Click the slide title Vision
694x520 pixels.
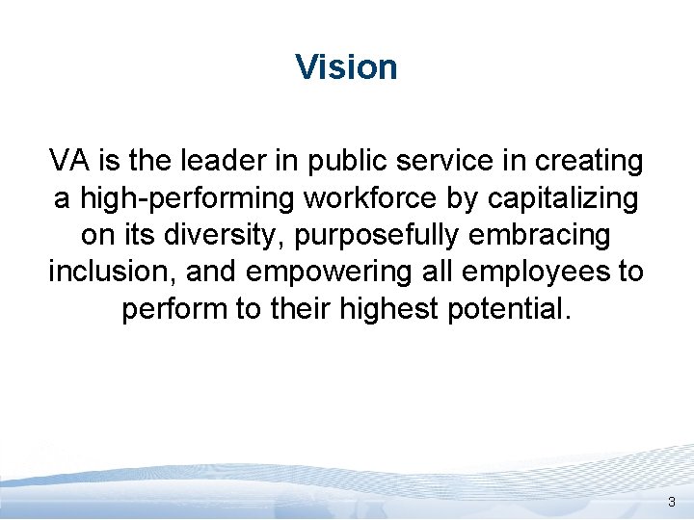tap(346, 67)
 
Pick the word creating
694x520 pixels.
tap(587, 161)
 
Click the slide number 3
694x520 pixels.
tap(672, 503)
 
